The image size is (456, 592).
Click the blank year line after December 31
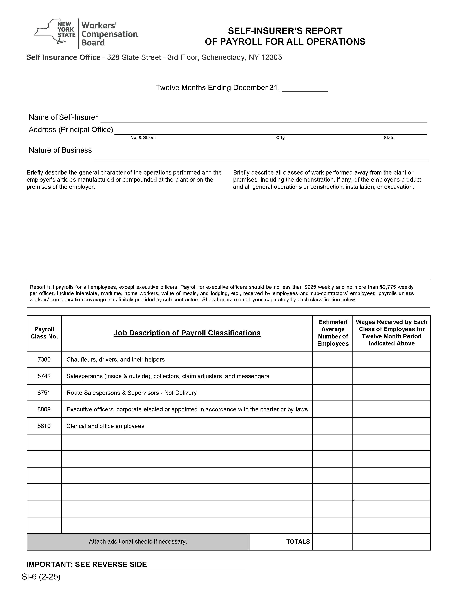305,88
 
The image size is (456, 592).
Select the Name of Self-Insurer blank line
264,119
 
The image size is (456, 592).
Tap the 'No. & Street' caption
143,138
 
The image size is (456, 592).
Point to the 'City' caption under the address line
280,138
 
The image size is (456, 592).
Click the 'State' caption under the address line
389,138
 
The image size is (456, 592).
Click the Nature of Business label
60,150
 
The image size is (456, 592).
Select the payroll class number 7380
44,359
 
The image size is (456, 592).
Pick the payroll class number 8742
44,376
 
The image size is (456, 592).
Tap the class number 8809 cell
44,409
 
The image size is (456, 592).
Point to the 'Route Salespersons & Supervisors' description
131,393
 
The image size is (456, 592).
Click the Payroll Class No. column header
44,333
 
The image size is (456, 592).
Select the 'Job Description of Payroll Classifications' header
187,333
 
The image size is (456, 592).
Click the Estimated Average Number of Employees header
332,333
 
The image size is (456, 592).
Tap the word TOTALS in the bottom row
298,542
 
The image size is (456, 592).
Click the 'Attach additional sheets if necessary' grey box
138,542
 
